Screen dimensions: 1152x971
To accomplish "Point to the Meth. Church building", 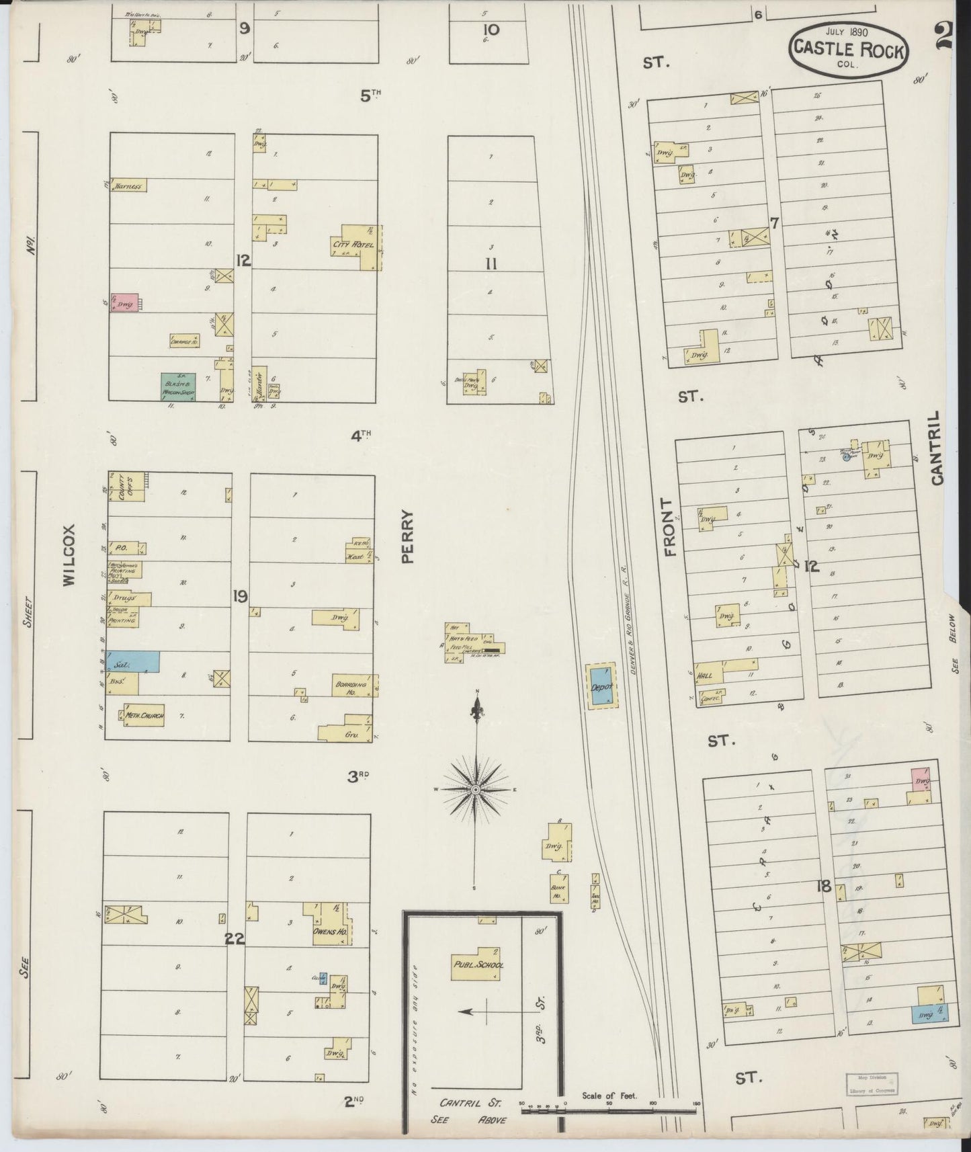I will [x=144, y=715].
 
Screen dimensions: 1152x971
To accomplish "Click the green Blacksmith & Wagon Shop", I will [x=178, y=387].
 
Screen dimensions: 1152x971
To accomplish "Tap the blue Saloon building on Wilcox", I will [x=133, y=662].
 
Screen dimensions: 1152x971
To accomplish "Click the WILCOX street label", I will [x=70, y=556].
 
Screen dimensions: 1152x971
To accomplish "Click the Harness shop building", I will [x=128, y=186].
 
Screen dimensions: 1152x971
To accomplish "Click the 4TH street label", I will [x=361, y=436].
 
